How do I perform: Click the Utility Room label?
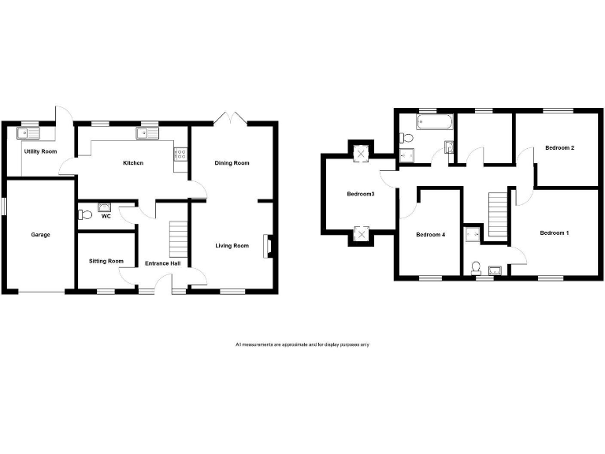40,151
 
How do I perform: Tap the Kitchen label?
132,163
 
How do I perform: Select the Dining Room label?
232,163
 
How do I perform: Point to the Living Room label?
232,246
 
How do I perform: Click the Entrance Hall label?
163,263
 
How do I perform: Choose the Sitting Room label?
106,261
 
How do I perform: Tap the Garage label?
41,235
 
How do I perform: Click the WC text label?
106,216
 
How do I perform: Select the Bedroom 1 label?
555,233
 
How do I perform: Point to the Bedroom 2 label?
560,148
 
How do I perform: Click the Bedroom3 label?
360,193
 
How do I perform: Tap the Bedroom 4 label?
430,234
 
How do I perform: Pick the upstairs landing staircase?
497,214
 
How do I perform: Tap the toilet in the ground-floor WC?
85,214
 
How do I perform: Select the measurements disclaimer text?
302,344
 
